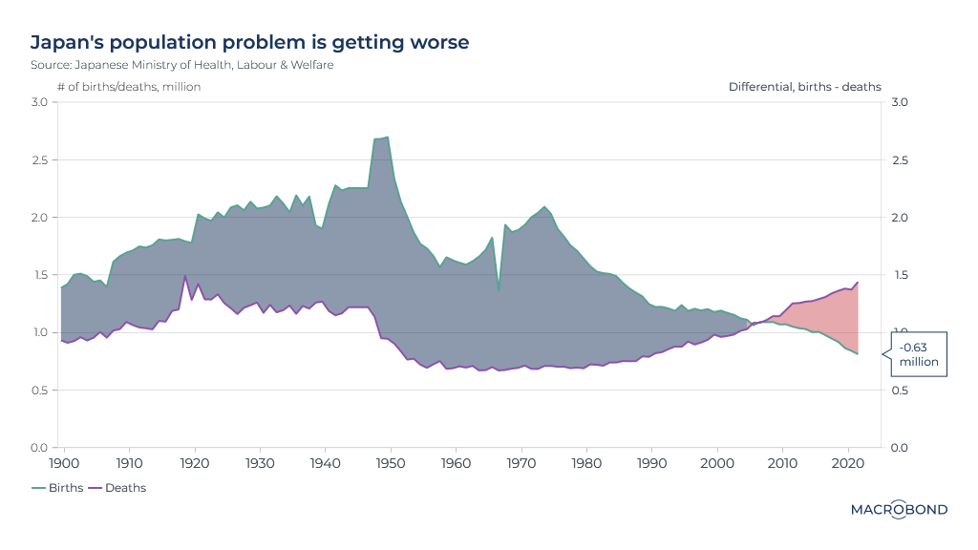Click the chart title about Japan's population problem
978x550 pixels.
point(249,43)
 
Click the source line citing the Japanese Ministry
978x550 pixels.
point(181,65)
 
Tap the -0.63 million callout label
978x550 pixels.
point(919,354)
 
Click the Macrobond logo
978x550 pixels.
point(899,510)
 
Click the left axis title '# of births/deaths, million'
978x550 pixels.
point(129,87)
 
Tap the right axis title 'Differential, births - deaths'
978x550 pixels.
point(804,87)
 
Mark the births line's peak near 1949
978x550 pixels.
point(386,137)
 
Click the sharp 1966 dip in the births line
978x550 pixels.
point(499,290)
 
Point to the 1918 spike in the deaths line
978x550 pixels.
point(184,276)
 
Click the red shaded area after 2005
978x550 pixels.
point(821,315)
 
